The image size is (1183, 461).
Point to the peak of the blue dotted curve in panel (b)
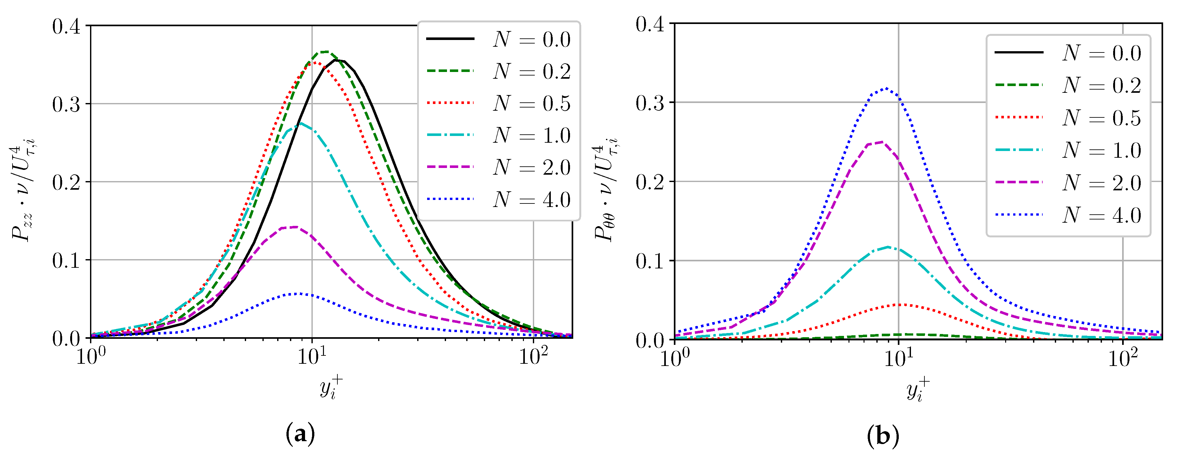click(886, 88)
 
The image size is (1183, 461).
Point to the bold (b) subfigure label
click(883, 436)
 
